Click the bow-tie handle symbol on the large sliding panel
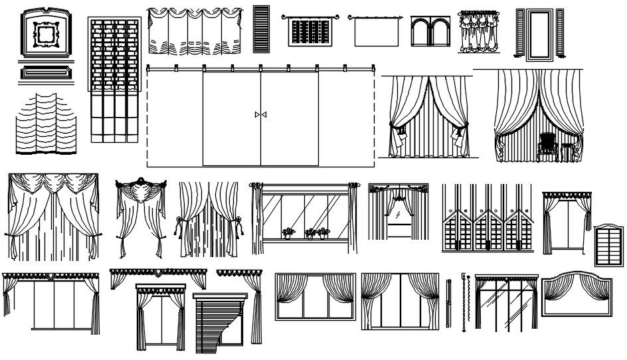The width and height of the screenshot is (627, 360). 260,115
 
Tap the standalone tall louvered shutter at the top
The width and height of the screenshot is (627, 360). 261,29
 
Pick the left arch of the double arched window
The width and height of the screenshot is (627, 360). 421,33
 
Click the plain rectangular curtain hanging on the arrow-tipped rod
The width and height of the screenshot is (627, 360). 375,32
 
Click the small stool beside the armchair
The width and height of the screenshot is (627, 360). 566,151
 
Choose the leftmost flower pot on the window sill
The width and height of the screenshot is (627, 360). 288,233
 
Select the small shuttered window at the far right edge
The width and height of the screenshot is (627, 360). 608,245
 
